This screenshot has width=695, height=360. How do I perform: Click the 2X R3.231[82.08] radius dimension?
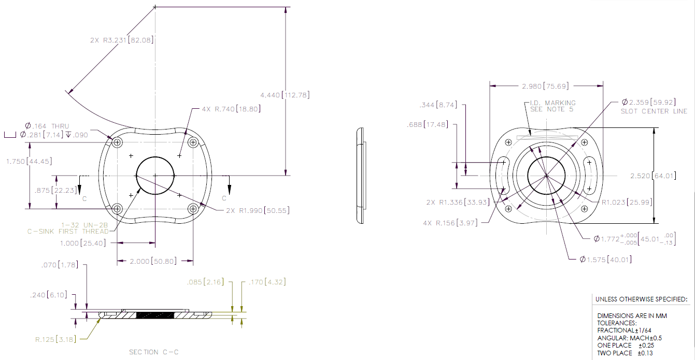[x=121, y=40]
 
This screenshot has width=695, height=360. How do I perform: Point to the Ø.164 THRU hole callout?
[x=47, y=126]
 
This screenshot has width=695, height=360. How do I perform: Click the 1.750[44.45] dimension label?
[x=27, y=162]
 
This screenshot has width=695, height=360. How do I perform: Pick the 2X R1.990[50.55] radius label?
[x=258, y=210]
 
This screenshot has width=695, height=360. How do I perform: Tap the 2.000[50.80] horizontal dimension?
[x=154, y=262]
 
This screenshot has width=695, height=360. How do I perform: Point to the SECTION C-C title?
[x=154, y=352]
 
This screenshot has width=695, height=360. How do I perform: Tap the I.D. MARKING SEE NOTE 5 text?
[x=552, y=106]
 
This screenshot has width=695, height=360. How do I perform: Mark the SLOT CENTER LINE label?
[x=654, y=111]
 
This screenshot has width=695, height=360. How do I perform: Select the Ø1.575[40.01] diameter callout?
[x=605, y=259]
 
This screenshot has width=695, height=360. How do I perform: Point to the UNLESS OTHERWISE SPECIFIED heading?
[x=641, y=299]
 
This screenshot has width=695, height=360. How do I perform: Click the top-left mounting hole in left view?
[x=117, y=142]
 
